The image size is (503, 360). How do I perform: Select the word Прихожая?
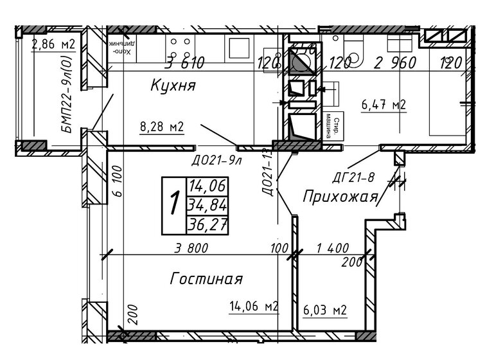pos(339,197)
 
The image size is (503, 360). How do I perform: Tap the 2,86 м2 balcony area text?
pos(53,44)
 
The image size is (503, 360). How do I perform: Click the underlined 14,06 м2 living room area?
pos(254,307)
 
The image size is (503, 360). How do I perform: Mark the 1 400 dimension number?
pos(332,248)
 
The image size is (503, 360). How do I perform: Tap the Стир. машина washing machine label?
pos(332,125)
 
